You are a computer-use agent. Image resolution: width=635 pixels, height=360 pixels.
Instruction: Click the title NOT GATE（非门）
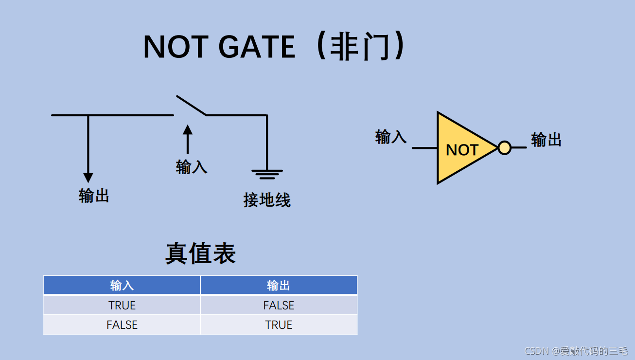pos(275,47)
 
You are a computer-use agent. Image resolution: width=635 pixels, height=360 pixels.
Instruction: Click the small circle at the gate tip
pos(505,147)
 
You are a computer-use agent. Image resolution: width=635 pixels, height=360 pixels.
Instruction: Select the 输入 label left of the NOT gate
pos(391,137)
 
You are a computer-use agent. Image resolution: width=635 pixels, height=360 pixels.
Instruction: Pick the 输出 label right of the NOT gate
pos(546,140)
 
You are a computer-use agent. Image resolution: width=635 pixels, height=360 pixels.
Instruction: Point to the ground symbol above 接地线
pos(267,174)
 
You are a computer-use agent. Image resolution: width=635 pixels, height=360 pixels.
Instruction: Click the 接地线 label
pos(267,200)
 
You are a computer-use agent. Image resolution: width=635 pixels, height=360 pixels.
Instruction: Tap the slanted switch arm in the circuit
pos(191,105)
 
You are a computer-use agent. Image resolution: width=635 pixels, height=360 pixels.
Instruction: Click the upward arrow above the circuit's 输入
pos(187,139)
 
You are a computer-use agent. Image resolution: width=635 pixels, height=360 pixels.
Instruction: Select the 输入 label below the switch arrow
pos(192,167)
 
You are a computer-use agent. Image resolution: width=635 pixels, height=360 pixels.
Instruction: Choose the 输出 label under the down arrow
pos(94,196)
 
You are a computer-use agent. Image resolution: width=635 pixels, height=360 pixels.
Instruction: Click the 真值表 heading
pos(200,253)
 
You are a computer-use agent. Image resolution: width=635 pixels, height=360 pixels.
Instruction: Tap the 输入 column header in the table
pos(122,285)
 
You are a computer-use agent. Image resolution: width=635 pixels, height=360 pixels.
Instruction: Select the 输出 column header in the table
pos(279,285)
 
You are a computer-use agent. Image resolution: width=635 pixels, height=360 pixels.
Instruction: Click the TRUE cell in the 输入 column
pos(122,306)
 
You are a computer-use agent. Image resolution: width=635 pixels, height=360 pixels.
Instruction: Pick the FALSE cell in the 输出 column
pos(279,306)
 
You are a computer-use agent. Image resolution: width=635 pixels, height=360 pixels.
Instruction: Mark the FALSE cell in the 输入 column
pos(122,325)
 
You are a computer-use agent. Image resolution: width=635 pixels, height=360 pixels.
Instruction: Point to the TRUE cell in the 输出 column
pos(279,325)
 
